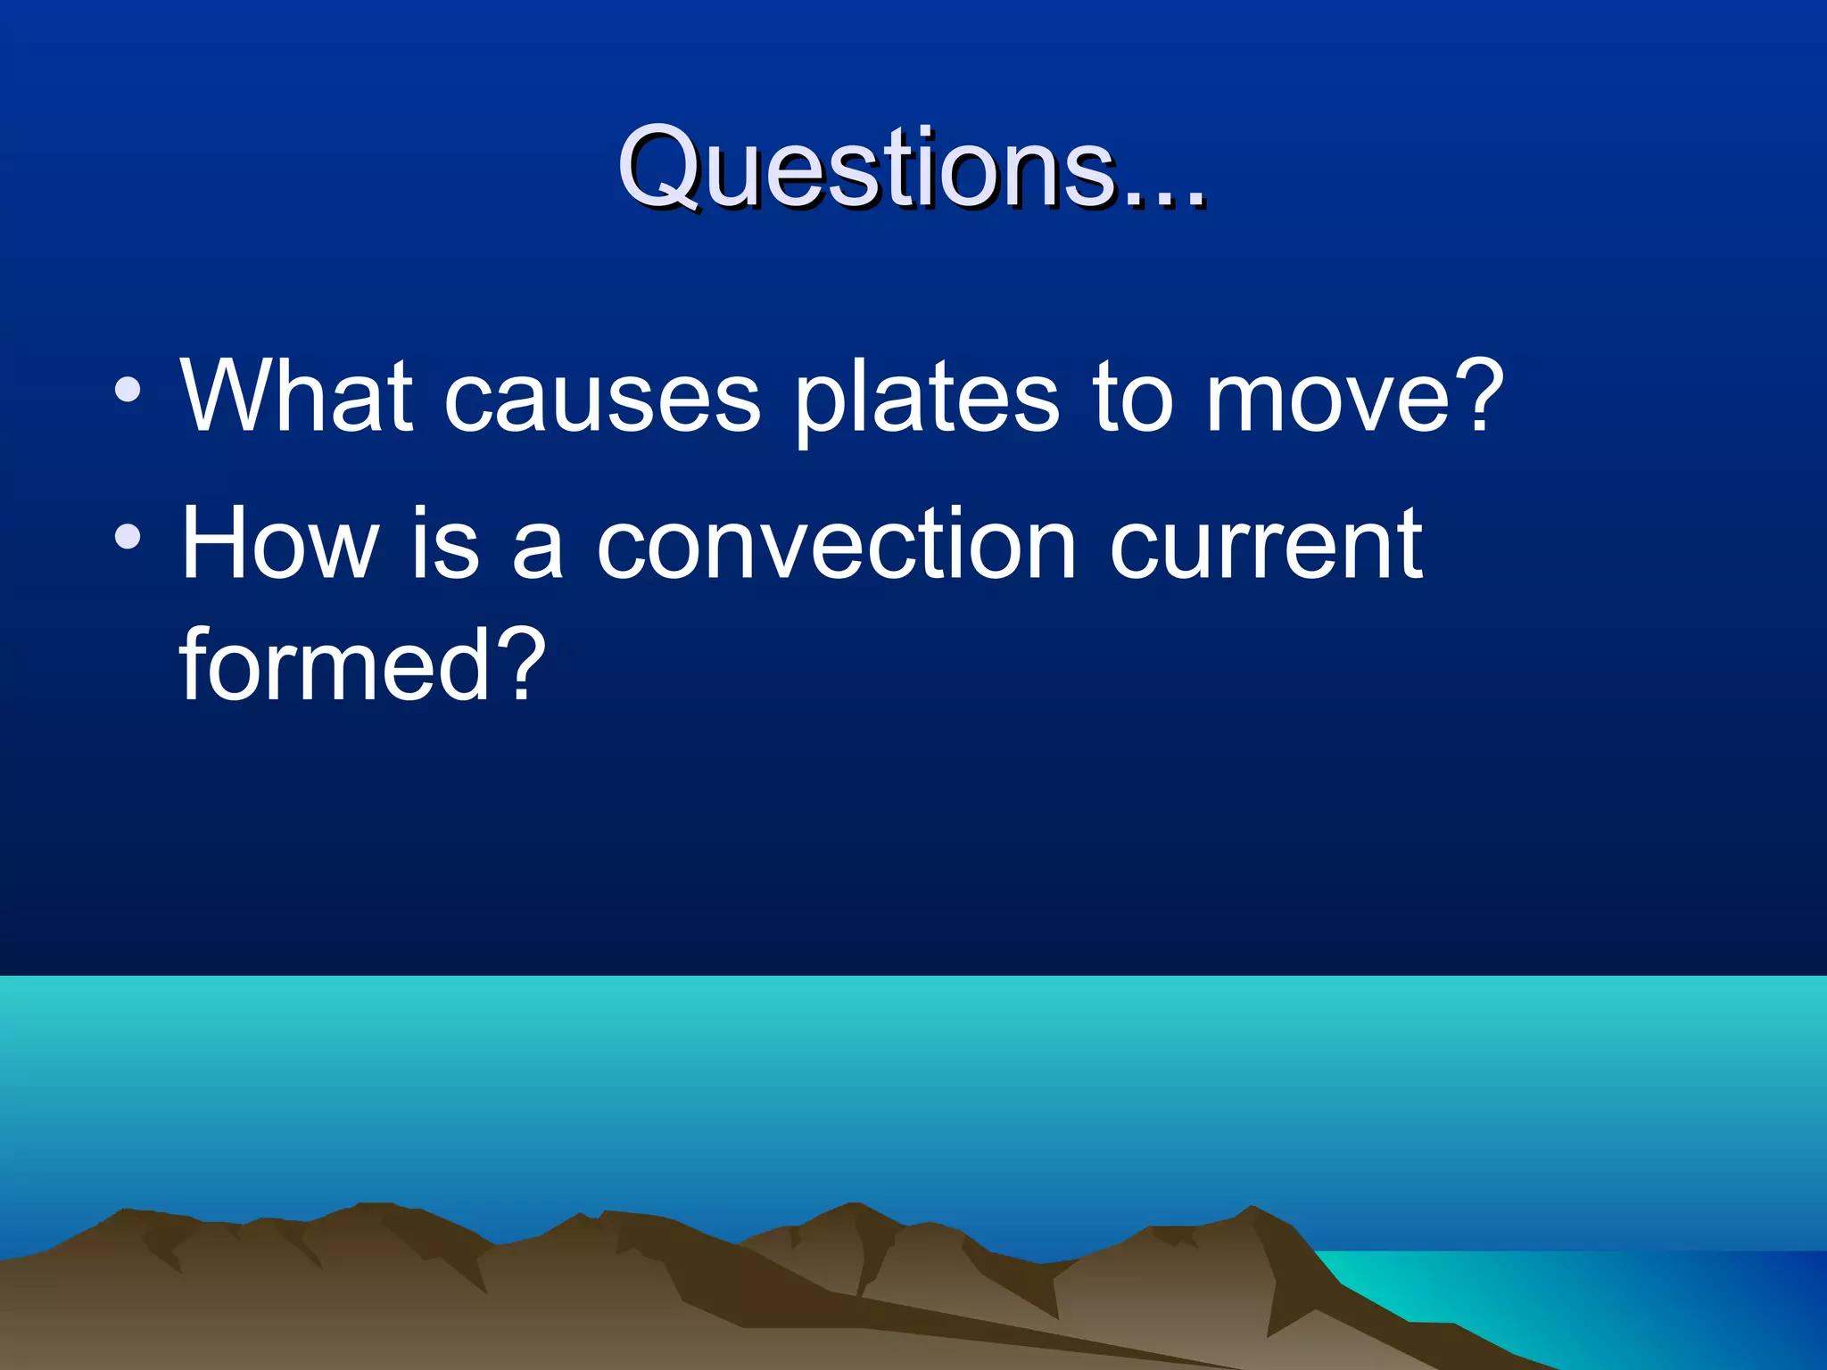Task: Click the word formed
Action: click(335, 664)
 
